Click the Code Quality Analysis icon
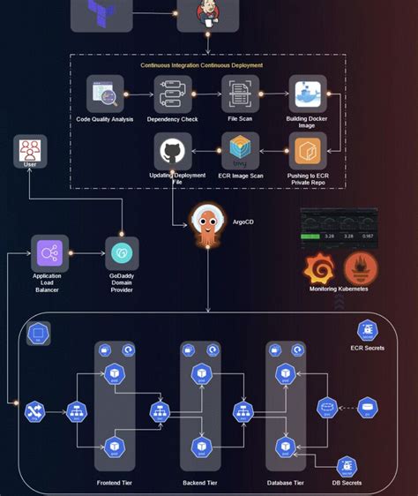[x=105, y=94]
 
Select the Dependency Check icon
[x=172, y=94]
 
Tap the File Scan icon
[x=240, y=94]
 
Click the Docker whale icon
[x=308, y=94]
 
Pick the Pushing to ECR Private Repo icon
[x=308, y=151]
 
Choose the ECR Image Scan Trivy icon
[x=240, y=151]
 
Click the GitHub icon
[x=173, y=151]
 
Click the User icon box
[x=30, y=152]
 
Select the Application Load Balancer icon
[x=49, y=253]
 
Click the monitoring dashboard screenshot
[x=339, y=228]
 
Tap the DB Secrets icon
[x=347, y=468]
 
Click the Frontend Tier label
[x=116, y=483]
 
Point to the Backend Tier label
[x=199, y=483]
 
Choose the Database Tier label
[x=285, y=483]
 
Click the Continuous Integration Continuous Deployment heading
[x=207, y=65]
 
